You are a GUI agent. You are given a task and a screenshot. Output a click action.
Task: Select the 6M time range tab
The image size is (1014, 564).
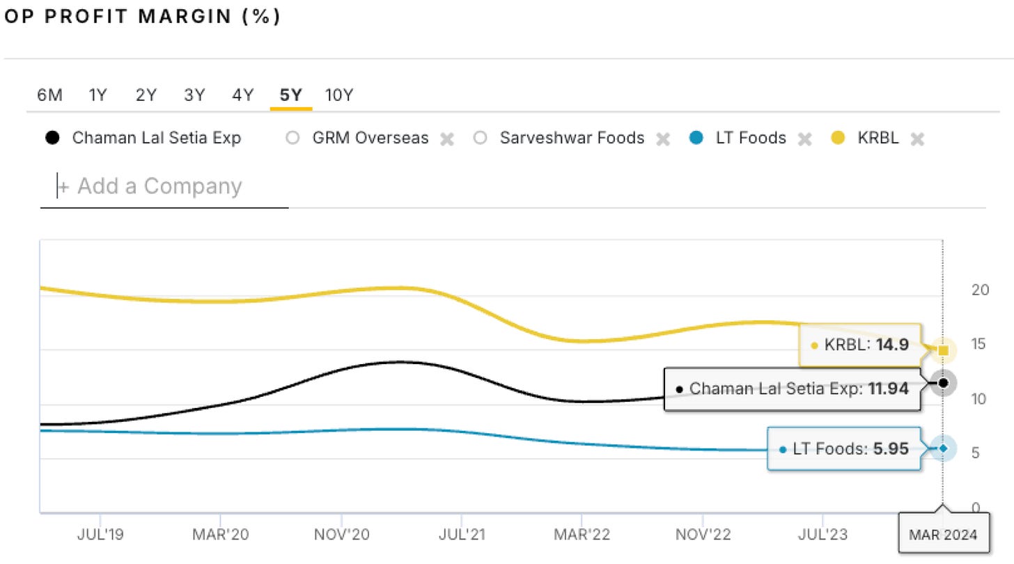coord(49,95)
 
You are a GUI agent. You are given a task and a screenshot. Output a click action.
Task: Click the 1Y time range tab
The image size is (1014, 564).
coord(97,95)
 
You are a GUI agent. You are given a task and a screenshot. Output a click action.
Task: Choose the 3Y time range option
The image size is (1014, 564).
coord(194,95)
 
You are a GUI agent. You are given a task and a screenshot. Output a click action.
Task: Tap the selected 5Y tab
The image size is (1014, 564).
coord(290,95)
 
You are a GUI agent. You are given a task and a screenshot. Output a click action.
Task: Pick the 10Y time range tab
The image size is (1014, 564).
coord(339,95)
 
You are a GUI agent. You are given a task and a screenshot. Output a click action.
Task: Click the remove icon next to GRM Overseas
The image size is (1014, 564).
coord(447,139)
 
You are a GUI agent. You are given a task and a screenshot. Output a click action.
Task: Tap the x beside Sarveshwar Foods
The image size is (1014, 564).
coord(663,139)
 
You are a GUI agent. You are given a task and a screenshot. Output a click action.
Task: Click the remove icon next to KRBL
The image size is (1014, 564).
coord(918,139)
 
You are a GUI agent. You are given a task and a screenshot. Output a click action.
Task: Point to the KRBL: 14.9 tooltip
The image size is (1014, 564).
coord(860,344)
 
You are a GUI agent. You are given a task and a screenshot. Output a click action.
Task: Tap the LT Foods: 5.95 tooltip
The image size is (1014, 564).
coord(844,449)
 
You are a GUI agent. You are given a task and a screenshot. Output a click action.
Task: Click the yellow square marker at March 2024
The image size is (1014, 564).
coord(943,350)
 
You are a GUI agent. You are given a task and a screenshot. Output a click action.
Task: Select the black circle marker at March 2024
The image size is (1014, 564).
coord(944,383)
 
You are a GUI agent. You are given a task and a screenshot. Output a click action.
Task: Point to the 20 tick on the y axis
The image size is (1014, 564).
coord(980,290)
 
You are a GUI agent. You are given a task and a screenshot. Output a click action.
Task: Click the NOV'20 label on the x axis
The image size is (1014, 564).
coord(341,535)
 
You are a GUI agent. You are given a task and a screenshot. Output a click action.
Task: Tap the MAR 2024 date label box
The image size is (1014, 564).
coord(943,535)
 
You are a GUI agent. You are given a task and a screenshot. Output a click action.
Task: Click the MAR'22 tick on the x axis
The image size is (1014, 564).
coord(582,535)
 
